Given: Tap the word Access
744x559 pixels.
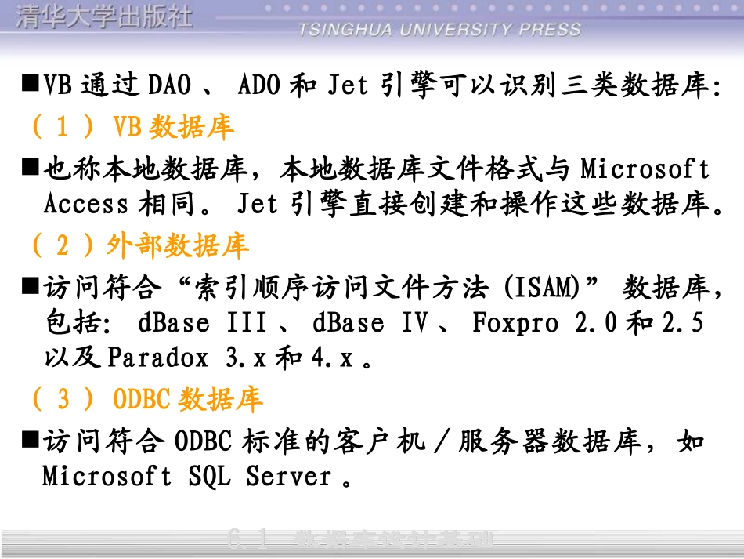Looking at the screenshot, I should coord(86,204).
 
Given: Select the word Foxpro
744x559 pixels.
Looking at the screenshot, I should coord(515,322).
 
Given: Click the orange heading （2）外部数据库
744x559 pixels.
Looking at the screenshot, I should coord(139,245).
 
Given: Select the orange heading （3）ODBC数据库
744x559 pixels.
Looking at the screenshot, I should coord(146,399).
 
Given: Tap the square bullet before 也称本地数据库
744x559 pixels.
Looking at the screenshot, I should coord(31,167).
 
